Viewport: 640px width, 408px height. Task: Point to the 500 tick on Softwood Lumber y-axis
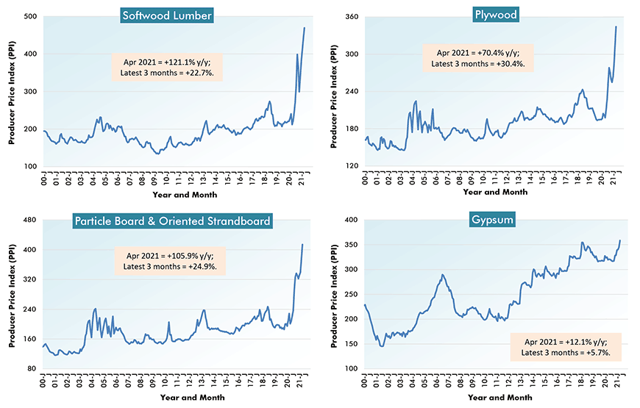tap(32, 16)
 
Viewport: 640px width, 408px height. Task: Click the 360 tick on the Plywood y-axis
tap(352, 16)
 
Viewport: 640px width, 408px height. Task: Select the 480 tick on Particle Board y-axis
tap(32, 220)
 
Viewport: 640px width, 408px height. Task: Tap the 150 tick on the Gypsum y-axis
tap(352, 344)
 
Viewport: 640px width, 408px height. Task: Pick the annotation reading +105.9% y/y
tap(171, 260)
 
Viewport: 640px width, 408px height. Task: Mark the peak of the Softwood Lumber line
tap(305, 28)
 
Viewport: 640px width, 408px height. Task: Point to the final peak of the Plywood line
tap(616, 26)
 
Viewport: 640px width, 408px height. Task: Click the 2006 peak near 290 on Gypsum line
tap(442, 275)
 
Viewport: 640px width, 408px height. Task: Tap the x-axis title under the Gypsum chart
tap(495, 398)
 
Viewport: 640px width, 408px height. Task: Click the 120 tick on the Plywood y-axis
tap(352, 166)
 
